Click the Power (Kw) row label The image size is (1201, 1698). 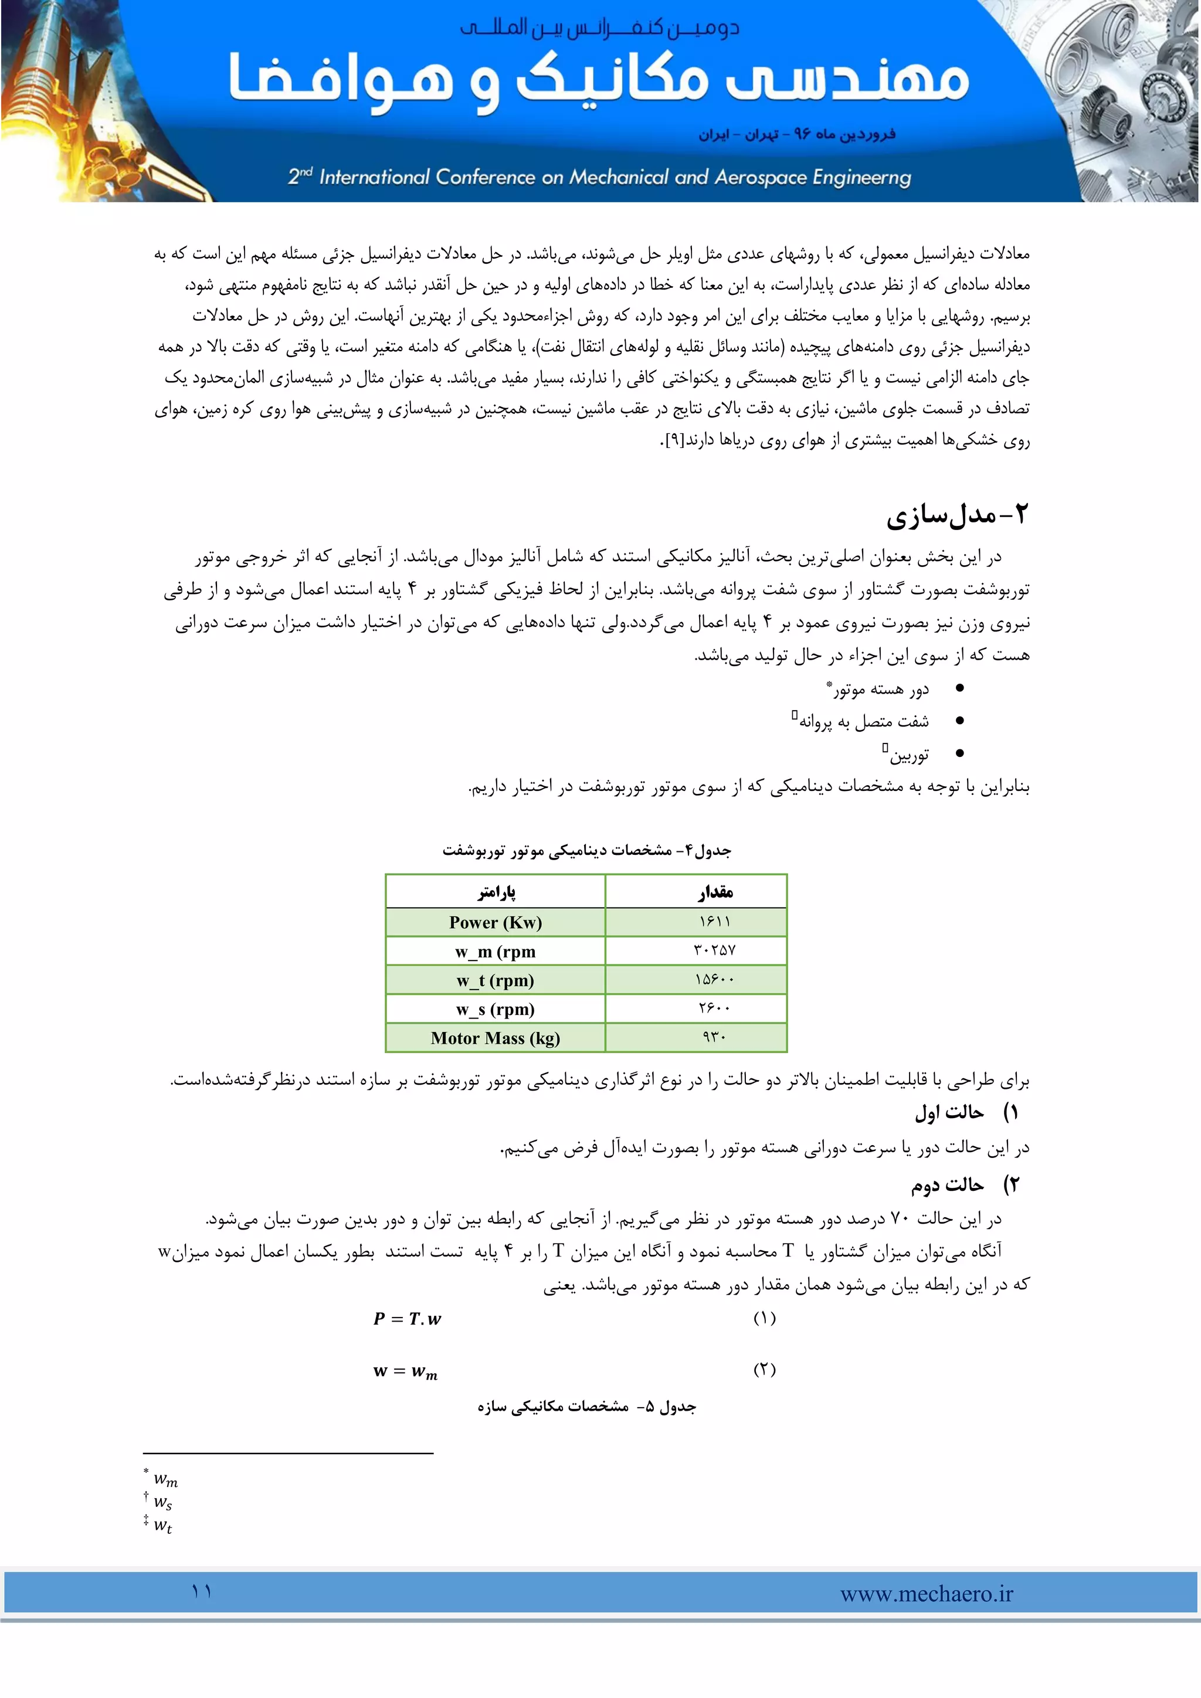(x=496, y=922)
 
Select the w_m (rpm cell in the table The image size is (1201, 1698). (x=496, y=952)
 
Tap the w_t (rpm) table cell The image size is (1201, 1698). (x=496, y=981)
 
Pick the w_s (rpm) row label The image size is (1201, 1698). (x=496, y=1010)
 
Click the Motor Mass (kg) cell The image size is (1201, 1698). (x=496, y=1038)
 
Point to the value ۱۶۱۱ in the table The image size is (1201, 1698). (x=714, y=922)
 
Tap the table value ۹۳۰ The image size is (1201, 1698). (x=714, y=1038)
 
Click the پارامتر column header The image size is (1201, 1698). (x=496, y=892)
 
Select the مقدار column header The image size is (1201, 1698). (x=715, y=892)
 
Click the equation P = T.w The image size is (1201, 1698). (x=407, y=1319)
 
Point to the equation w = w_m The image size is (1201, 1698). (x=405, y=1371)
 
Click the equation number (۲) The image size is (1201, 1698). (x=765, y=1370)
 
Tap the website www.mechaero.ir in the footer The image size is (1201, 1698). (x=926, y=1594)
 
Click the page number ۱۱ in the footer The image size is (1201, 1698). (x=201, y=1591)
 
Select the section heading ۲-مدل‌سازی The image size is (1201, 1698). (x=957, y=515)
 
